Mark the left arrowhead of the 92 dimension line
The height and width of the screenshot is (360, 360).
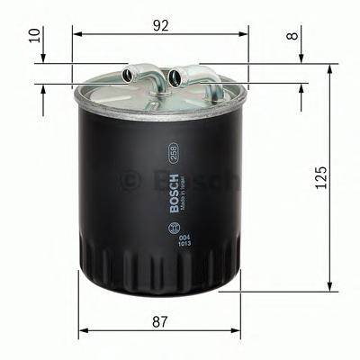point(76,34)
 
